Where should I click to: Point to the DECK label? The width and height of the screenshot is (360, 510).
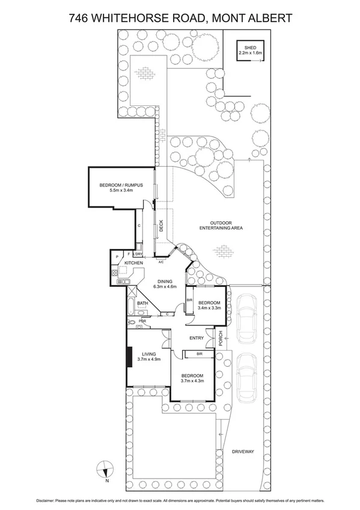point(161,226)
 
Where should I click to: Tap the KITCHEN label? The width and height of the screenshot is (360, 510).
point(133,263)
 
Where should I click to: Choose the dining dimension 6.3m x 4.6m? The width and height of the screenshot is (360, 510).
point(165,287)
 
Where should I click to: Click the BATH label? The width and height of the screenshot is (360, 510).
point(142,304)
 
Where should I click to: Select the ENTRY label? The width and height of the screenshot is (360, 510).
point(196,338)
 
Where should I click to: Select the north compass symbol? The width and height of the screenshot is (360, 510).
point(105,469)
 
